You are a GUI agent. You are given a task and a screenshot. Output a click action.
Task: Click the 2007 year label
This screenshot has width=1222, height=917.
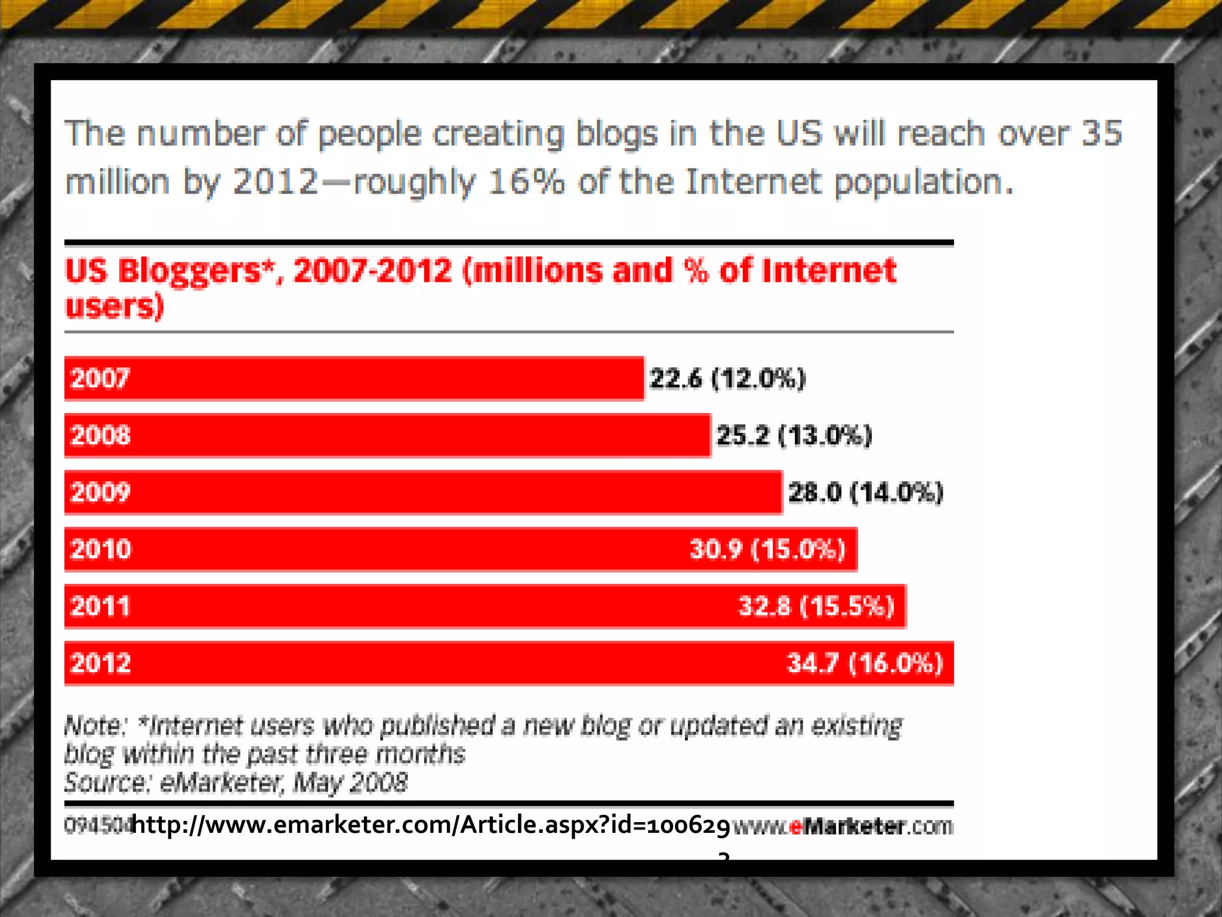(100, 379)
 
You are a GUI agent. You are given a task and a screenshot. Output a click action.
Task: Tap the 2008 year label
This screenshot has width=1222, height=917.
(100, 435)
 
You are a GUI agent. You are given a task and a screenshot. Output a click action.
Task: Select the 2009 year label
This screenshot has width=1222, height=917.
(100, 492)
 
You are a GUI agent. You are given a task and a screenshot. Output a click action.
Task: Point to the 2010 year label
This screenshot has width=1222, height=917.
(100, 549)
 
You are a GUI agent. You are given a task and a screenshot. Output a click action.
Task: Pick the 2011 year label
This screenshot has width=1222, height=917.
(100, 606)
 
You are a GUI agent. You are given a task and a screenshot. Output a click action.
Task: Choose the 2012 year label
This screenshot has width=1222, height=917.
(100, 663)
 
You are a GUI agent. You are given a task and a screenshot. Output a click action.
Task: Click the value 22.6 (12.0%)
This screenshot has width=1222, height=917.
(727, 379)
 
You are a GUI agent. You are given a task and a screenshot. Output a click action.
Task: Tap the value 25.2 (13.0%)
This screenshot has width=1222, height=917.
(794, 435)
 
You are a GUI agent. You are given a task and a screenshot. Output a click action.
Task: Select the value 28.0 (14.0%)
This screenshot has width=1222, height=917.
(865, 493)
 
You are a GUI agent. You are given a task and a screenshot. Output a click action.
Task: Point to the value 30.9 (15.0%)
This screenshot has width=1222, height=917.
(767, 549)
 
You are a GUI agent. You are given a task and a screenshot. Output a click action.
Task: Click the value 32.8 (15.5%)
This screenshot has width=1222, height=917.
(816, 606)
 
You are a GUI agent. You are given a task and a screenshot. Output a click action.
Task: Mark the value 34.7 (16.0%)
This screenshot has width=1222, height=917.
(865, 663)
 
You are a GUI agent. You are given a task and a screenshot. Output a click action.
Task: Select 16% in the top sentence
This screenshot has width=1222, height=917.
(525, 181)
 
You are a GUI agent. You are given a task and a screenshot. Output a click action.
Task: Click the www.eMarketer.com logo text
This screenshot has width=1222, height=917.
(843, 827)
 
